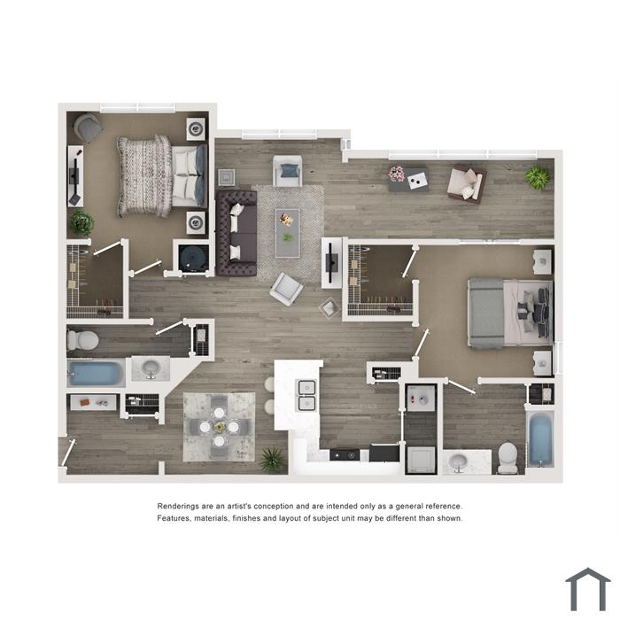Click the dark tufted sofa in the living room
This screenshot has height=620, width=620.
point(236,233)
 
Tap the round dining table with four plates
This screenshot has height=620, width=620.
point(219,428)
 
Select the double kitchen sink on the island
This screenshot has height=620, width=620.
point(306,395)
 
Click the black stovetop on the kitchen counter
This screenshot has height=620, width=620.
point(345,455)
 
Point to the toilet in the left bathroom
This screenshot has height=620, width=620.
point(82,340)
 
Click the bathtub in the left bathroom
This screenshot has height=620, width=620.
point(96,373)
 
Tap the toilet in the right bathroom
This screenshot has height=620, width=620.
point(508,458)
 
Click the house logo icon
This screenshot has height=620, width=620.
point(588,589)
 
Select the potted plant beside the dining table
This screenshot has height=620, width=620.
point(273,460)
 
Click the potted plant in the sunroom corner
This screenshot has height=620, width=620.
point(538,177)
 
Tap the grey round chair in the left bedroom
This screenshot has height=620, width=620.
point(88,128)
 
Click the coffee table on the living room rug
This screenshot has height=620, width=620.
point(288,233)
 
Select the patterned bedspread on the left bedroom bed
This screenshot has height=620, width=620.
point(144,176)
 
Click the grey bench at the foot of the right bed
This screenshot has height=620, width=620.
point(485,314)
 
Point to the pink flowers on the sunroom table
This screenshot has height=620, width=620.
point(397,174)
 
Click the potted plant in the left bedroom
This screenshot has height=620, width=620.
point(81,222)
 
